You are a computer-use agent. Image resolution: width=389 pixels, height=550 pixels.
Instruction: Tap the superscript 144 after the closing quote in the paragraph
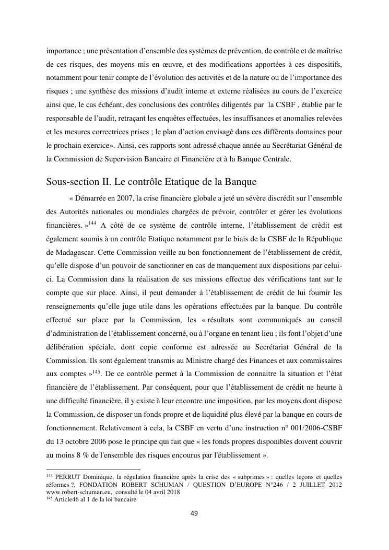(92, 224)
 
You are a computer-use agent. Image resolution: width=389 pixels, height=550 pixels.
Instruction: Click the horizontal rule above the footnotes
(93, 470)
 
